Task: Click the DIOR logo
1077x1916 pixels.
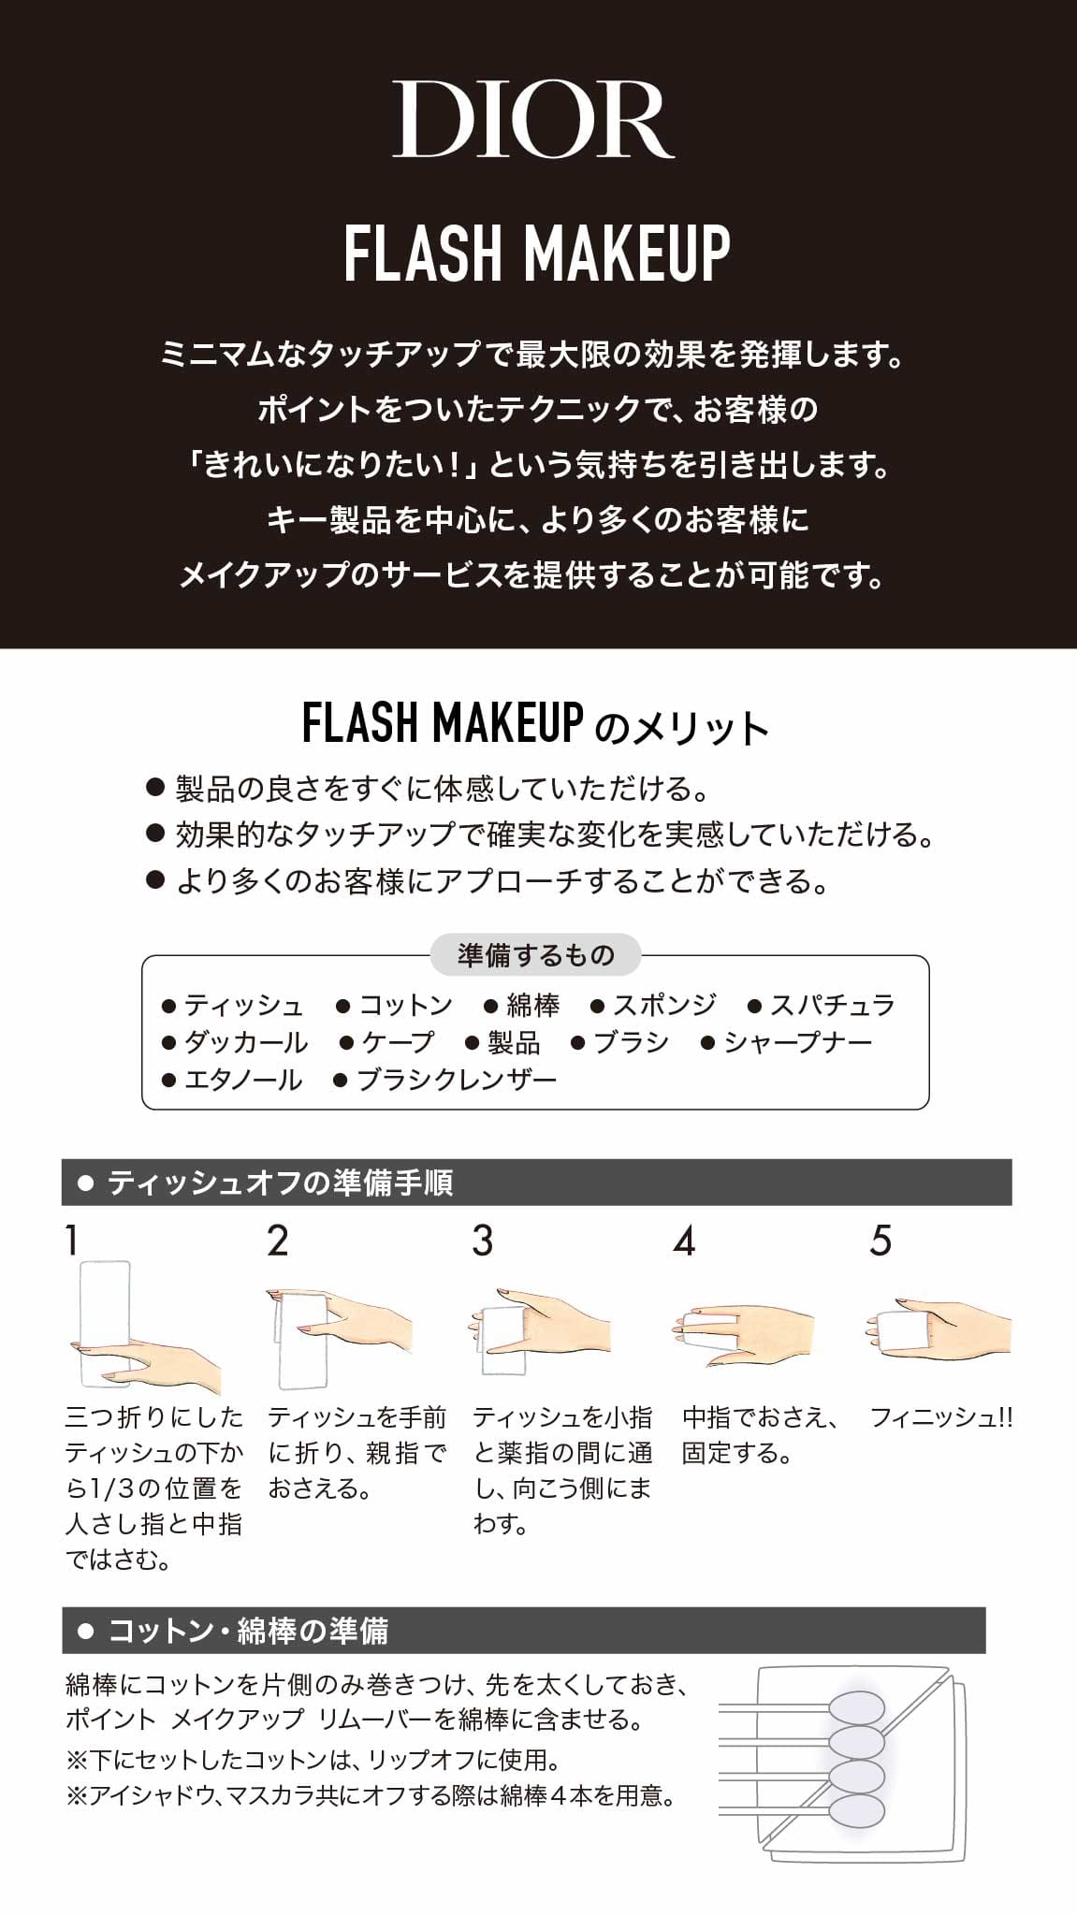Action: click(533, 119)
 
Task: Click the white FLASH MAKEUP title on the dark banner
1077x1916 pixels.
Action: click(537, 253)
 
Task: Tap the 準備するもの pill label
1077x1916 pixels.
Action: click(535, 955)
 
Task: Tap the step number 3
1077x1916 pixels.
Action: click(482, 1241)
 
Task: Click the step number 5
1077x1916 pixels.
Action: click(881, 1241)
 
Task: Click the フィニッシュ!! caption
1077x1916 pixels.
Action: click(941, 1417)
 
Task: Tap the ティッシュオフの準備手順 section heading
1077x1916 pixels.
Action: click(280, 1183)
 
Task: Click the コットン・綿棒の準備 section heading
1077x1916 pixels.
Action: click(248, 1631)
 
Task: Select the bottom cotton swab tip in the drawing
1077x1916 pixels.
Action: click(856, 1810)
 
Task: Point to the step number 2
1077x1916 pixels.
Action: click(278, 1241)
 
